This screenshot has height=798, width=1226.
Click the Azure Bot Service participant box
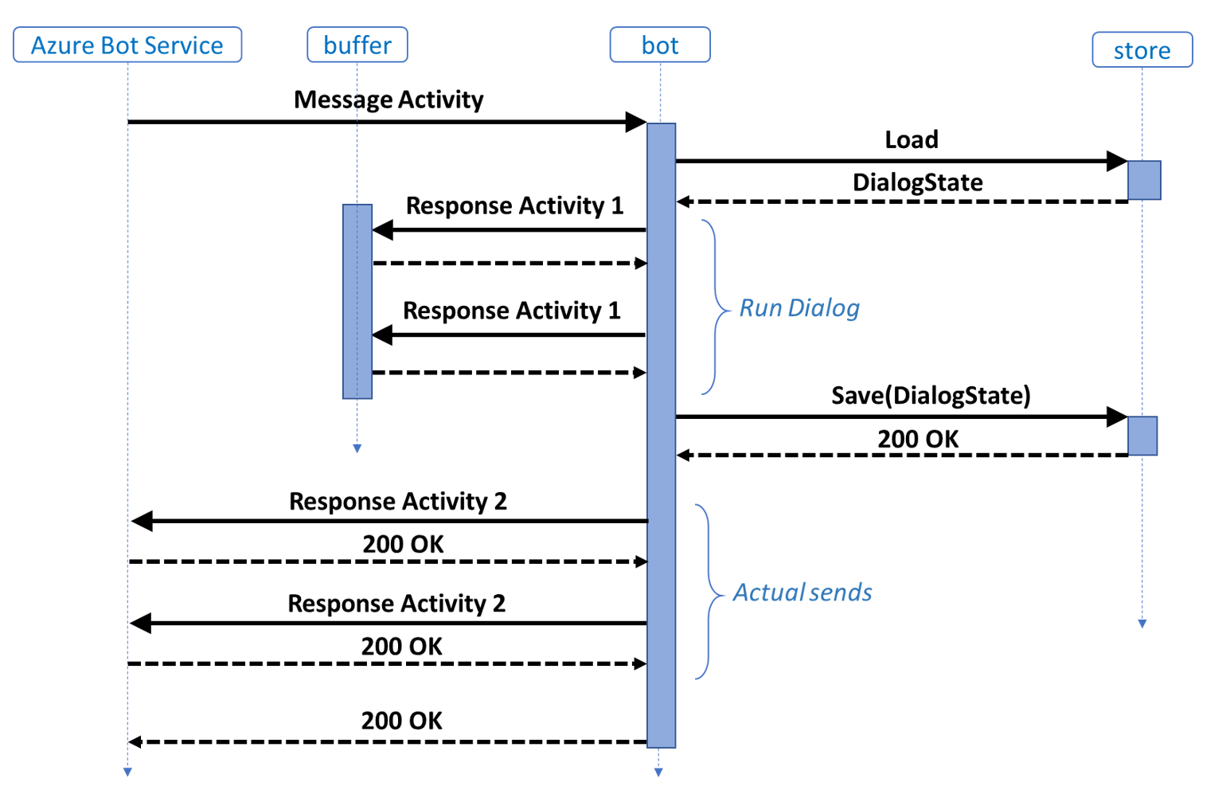click(x=127, y=45)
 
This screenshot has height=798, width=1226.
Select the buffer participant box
click(x=357, y=45)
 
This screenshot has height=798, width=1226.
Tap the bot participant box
click(x=660, y=45)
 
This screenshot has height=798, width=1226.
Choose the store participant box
click(x=1142, y=50)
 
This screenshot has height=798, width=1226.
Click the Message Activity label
click(x=388, y=100)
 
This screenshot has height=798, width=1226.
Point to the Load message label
click(x=912, y=140)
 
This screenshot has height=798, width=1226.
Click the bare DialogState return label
click(x=917, y=182)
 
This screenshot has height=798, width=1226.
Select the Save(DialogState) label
click(x=931, y=396)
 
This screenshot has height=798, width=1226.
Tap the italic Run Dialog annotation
click(x=799, y=308)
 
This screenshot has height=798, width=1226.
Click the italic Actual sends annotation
click(x=802, y=593)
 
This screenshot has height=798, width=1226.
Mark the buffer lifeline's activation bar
click(x=357, y=301)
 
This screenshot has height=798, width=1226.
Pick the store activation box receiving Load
click(x=1144, y=180)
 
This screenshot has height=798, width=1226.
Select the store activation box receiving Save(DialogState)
click(x=1142, y=436)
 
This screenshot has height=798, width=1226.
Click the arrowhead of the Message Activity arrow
click(x=636, y=122)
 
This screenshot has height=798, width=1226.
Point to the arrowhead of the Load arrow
click(x=1117, y=161)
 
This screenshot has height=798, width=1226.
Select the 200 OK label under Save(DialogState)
click(x=918, y=439)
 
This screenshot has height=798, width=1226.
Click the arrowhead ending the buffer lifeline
click(x=357, y=449)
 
